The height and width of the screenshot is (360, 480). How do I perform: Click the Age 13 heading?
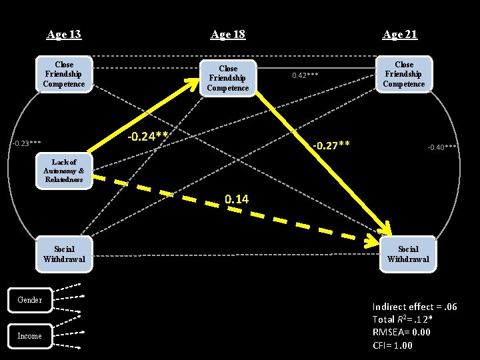64,34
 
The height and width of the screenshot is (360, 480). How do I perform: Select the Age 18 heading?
228,34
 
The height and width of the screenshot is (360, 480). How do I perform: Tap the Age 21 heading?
400,34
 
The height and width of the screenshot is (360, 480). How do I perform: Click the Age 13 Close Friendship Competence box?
64,75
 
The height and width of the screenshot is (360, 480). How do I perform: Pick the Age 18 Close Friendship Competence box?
228,78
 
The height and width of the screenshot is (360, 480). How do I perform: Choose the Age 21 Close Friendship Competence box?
404,74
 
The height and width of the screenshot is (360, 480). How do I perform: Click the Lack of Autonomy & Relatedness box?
64,171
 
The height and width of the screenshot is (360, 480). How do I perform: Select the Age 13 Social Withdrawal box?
64,253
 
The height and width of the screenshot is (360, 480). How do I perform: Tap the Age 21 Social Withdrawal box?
408,253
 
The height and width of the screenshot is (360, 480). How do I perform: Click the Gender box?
29,300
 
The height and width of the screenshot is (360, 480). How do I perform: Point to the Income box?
29,336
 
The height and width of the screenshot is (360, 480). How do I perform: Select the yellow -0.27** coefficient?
331,145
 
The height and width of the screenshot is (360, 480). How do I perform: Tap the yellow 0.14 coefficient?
237,199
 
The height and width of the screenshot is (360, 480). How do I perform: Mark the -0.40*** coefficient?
442,147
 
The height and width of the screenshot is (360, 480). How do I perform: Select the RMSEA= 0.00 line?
401,332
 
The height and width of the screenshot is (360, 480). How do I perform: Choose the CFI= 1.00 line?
393,345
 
